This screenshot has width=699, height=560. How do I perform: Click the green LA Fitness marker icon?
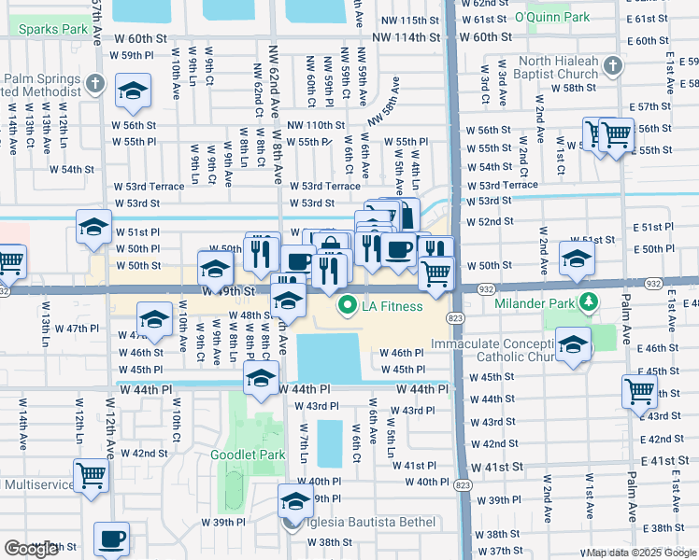click(x=348, y=305)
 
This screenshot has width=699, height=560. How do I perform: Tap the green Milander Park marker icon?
click(x=588, y=302)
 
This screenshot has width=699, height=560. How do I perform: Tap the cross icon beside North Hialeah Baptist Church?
click(x=612, y=64)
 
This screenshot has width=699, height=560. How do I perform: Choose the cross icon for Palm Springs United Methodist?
click(x=93, y=84)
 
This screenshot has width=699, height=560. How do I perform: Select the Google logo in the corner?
click(x=31, y=549)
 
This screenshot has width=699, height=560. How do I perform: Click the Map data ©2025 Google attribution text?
click(x=640, y=553)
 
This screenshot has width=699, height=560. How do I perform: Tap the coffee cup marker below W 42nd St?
click(x=112, y=539)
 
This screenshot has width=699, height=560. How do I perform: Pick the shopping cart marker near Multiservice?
click(x=92, y=476)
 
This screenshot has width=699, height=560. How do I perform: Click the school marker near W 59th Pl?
click(x=133, y=91)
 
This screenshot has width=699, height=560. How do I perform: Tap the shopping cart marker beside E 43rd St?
click(x=639, y=392)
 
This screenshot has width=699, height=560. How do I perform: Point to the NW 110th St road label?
click(x=316, y=125)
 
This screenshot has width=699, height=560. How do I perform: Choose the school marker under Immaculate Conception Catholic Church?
click(x=573, y=344)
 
